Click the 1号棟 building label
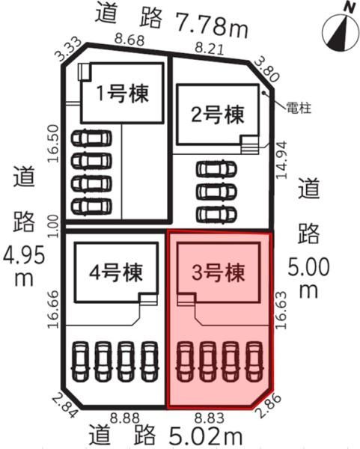(x=123, y=94)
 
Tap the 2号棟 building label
(x=218, y=114)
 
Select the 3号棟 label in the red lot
(x=219, y=272)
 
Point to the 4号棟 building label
(x=116, y=272)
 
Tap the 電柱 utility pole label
(x=299, y=109)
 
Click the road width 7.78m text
(x=211, y=25)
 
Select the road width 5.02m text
(x=205, y=435)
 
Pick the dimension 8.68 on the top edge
(x=129, y=40)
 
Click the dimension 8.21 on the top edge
(x=209, y=48)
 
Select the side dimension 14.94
(x=281, y=160)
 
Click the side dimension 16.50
(x=53, y=144)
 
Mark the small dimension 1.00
(x=53, y=226)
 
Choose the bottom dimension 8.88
(x=125, y=418)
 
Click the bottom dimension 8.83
(x=209, y=418)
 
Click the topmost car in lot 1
(x=91, y=138)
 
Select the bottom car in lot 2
(x=216, y=214)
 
